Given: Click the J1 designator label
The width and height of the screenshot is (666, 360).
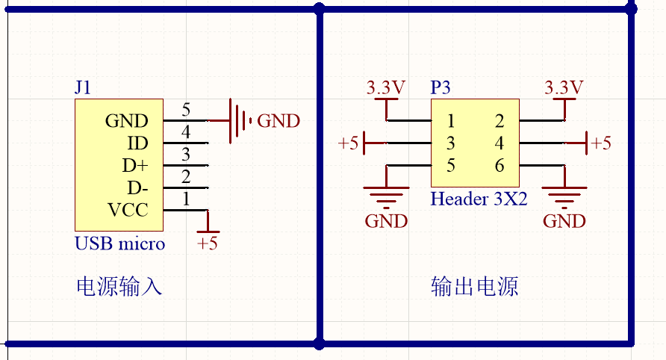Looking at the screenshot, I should [83, 87].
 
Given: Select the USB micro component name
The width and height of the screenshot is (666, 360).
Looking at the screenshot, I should [119, 243].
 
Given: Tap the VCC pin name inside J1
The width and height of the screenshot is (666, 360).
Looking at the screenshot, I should [128, 210].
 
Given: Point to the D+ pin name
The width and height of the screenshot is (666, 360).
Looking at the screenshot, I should [135, 165].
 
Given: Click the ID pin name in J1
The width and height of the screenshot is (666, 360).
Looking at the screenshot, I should [138, 143].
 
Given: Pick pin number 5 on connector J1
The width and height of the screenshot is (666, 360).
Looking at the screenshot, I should [186, 111].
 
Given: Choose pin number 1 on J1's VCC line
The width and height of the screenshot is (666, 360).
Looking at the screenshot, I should [186, 199].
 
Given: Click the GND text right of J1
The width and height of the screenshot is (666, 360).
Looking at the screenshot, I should [278, 121].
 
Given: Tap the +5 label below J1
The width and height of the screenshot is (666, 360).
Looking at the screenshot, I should [208, 243].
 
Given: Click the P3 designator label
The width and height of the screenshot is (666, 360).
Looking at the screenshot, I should [441, 87].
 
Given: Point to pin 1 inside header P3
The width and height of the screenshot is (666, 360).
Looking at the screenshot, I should [451, 121].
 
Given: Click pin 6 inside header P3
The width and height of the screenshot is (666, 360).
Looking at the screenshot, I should [500, 166].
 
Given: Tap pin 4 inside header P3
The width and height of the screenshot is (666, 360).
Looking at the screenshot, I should [500, 143].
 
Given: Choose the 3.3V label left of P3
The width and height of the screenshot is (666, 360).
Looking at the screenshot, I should [386, 87].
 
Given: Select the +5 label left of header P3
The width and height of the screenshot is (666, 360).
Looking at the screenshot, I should [349, 143].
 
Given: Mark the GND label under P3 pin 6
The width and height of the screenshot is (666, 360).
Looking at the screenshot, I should [564, 221].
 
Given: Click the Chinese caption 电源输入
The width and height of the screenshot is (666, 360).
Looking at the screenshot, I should [119, 287].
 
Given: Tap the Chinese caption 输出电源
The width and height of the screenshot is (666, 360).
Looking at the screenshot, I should [475, 287].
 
